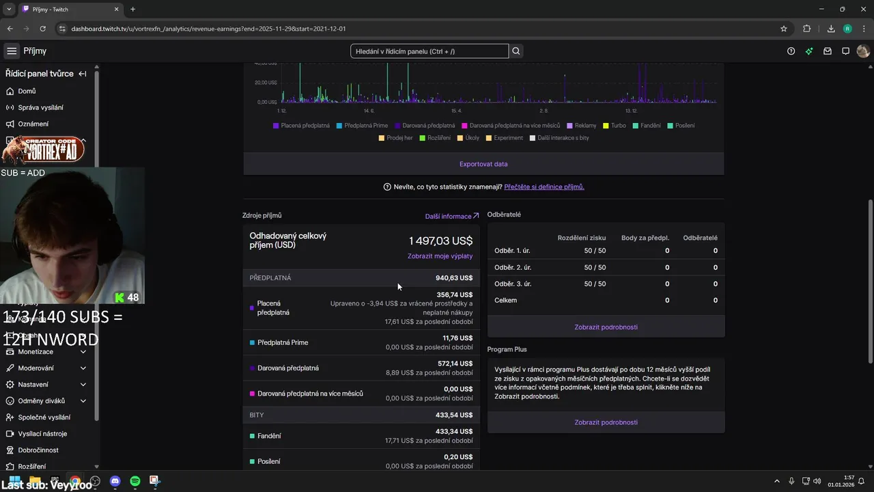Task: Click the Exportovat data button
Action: click(x=483, y=164)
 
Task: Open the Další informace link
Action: click(x=451, y=216)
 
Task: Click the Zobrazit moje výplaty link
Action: click(x=440, y=256)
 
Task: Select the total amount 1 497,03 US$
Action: click(x=440, y=241)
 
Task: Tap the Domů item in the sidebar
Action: click(x=27, y=91)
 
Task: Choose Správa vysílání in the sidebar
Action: click(x=40, y=107)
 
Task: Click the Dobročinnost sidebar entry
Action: click(x=38, y=450)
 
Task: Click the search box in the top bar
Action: click(x=429, y=51)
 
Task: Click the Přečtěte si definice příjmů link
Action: click(x=544, y=187)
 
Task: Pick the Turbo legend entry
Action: click(x=618, y=126)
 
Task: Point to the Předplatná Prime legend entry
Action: click(x=365, y=126)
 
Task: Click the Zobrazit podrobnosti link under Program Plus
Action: click(x=606, y=422)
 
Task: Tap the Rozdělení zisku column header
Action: click(x=581, y=238)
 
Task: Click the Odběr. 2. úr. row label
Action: click(x=513, y=267)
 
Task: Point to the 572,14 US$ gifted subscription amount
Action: click(x=455, y=364)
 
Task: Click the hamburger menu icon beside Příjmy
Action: click(x=12, y=51)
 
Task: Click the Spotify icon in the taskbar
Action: click(x=135, y=481)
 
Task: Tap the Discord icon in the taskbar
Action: click(x=115, y=481)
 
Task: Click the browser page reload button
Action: click(x=43, y=29)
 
